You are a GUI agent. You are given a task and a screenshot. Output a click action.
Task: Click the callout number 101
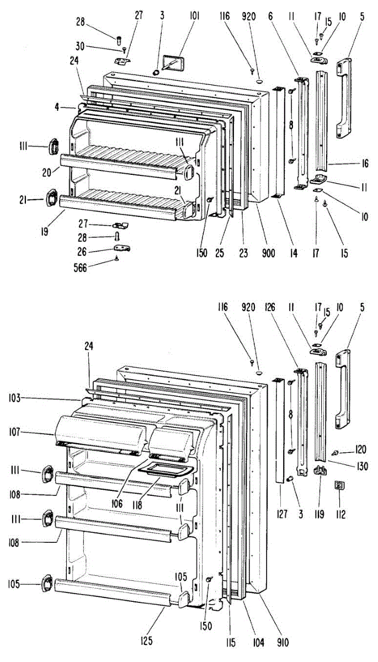point(195,16)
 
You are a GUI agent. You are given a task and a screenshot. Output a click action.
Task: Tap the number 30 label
point(81,46)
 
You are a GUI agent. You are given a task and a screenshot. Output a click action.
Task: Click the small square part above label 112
point(339,485)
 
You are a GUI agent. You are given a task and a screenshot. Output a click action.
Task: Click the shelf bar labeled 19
point(119,204)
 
